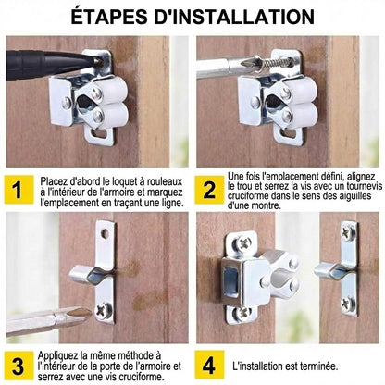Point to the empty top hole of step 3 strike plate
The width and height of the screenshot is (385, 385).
pos(105,234)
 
